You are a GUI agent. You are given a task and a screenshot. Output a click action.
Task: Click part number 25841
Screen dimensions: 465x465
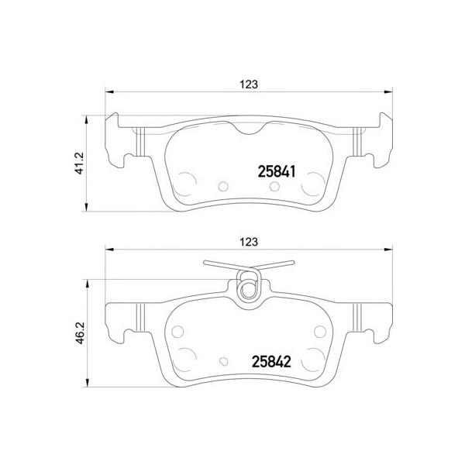coord(277,172)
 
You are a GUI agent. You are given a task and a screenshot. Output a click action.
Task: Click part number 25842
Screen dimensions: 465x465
coord(271,361)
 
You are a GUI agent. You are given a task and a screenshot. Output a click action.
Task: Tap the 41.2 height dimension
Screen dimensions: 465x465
coord(80,163)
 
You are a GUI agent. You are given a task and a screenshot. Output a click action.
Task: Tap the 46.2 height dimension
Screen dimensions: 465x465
coord(80,333)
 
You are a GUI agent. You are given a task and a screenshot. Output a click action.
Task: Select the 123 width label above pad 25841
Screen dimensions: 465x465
coord(249,84)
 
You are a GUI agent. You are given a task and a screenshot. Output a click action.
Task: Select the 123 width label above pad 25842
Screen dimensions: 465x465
coord(249,242)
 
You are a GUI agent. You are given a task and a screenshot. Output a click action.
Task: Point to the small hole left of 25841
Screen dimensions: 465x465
coord(223,186)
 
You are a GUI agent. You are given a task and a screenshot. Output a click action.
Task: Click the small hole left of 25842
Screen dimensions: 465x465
coord(224,361)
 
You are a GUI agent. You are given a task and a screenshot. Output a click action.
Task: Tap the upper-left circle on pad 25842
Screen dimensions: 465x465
coord(177,331)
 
